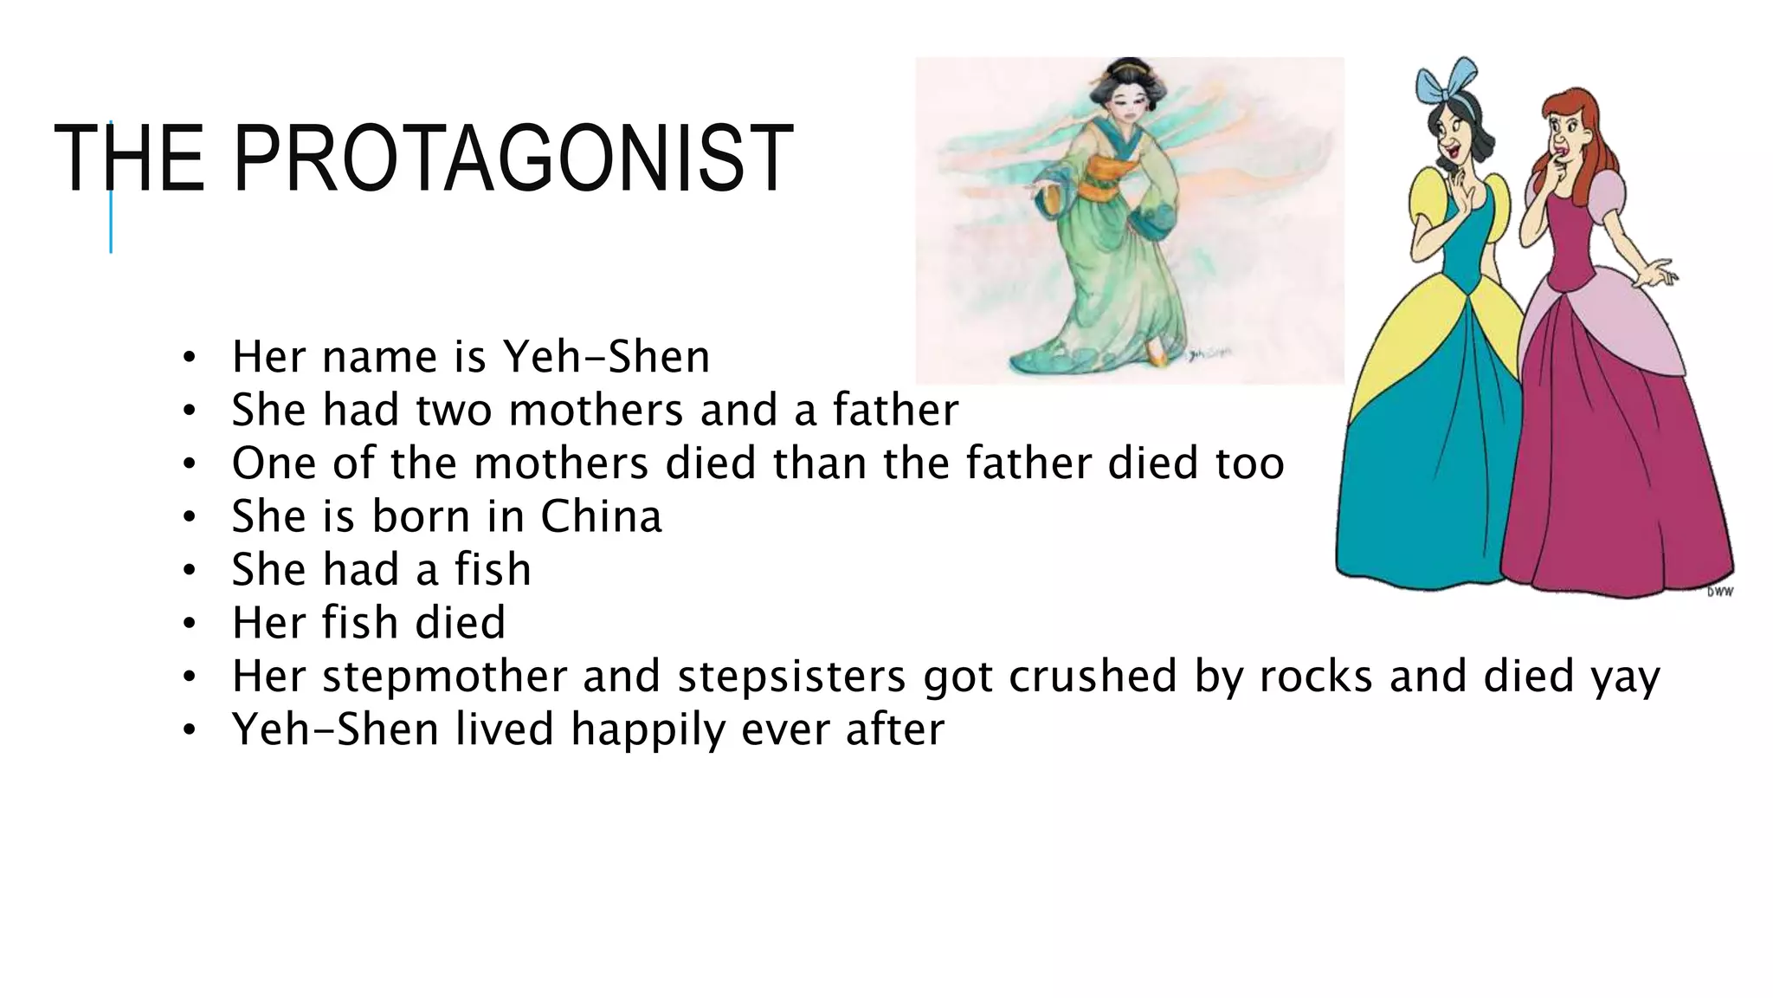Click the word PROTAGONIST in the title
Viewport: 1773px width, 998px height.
[x=513, y=159]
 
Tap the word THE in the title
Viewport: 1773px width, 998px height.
[x=129, y=159]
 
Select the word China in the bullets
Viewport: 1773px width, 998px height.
[x=601, y=517]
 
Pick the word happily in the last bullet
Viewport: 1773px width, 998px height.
[x=648, y=730]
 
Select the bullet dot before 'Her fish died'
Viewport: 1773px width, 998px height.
[x=190, y=624]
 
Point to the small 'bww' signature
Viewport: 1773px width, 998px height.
[x=1719, y=592]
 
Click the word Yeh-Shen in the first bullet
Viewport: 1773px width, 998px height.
[x=606, y=357]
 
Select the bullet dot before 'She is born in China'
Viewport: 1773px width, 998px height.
[x=190, y=517]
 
